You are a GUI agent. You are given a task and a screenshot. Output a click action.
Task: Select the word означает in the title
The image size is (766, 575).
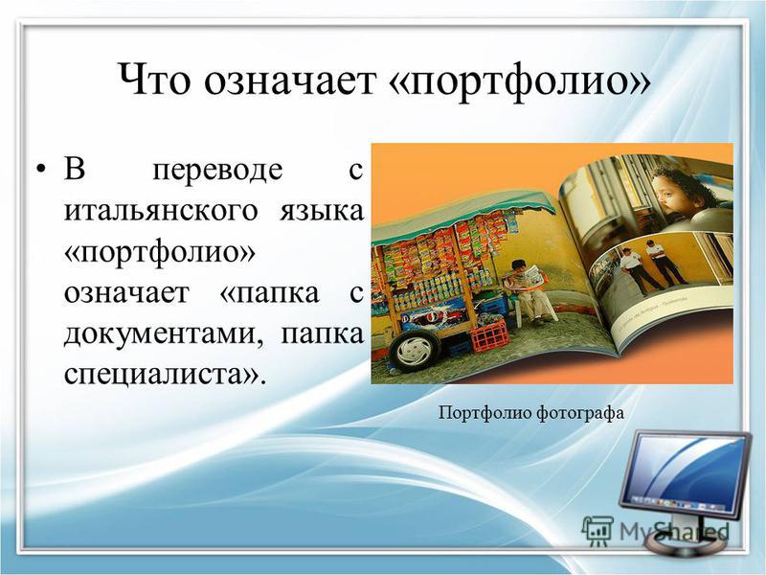coord(292,80)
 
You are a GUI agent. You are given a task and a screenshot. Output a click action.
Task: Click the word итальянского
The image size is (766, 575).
coord(161,212)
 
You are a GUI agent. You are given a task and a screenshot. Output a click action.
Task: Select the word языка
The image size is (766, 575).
coord(322,212)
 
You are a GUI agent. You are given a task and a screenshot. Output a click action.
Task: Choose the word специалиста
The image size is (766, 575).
coord(166,376)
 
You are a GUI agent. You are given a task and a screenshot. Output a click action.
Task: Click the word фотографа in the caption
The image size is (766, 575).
coord(580,414)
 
